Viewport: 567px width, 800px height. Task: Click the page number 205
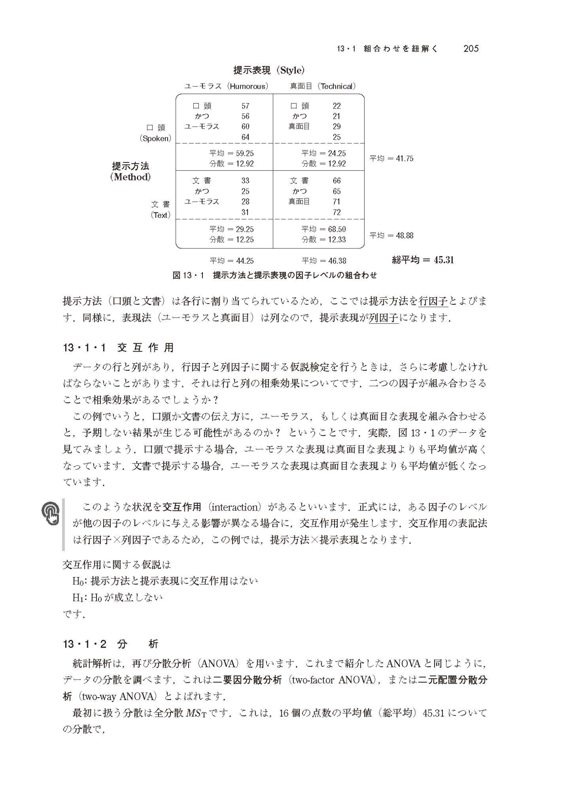click(x=471, y=49)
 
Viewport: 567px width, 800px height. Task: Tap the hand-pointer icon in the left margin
click(x=50, y=513)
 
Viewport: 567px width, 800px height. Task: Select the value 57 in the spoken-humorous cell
click(x=245, y=106)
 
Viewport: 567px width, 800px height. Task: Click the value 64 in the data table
click(x=245, y=137)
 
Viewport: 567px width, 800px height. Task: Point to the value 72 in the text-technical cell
click(x=337, y=212)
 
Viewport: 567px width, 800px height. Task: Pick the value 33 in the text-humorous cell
click(x=245, y=181)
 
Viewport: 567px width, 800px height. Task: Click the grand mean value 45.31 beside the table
click(x=444, y=260)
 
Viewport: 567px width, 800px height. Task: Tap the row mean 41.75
click(x=405, y=158)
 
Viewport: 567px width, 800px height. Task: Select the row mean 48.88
click(x=405, y=236)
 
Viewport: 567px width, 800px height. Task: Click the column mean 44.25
click(x=245, y=261)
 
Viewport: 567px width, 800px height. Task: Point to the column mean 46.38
click(x=337, y=261)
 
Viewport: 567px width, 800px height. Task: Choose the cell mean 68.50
click(x=337, y=229)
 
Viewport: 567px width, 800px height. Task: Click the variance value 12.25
click(x=245, y=240)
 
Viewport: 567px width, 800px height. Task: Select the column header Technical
click(x=337, y=86)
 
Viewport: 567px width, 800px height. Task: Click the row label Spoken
click(x=155, y=139)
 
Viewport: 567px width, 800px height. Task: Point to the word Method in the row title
click(x=130, y=177)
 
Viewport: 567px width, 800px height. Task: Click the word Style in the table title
click(x=291, y=71)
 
